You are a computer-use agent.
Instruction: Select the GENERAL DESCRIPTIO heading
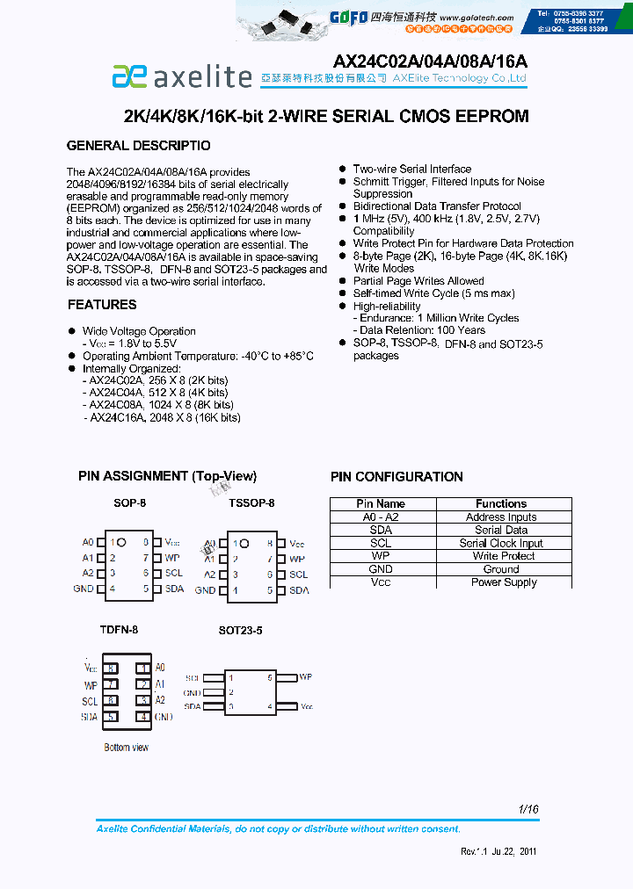tap(139, 145)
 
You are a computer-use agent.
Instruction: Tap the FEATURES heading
tap(102, 305)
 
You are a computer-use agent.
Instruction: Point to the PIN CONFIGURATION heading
tap(397, 477)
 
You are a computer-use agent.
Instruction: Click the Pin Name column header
tap(381, 504)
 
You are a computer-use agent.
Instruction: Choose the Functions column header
tap(501, 504)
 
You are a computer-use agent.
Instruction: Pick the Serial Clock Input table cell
tap(501, 543)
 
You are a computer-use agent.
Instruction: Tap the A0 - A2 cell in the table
tap(381, 517)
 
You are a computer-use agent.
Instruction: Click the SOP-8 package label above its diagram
tap(129, 503)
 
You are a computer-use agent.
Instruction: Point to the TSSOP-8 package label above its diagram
tap(251, 503)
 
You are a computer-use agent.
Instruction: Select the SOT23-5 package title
tap(240, 631)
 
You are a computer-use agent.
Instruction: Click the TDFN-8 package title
tap(119, 630)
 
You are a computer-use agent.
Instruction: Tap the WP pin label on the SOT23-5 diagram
tap(305, 677)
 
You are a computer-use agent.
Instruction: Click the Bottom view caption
tap(127, 748)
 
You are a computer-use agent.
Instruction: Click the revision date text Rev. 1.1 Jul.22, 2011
tap(498, 851)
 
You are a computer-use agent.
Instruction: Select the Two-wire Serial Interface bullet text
tap(411, 169)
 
